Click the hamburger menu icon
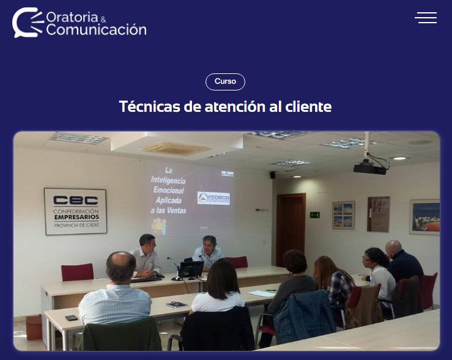(426, 18)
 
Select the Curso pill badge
(225, 82)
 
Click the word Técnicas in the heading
(149, 107)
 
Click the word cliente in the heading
(308, 107)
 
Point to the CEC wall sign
(75, 211)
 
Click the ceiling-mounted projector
(370, 167)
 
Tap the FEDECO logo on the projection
(213, 198)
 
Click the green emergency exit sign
(314, 215)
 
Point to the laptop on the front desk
(190, 270)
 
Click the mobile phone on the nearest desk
(72, 318)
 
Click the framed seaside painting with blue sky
(424, 217)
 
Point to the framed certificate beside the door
(379, 214)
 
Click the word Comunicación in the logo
(96, 29)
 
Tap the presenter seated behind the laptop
(209, 251)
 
